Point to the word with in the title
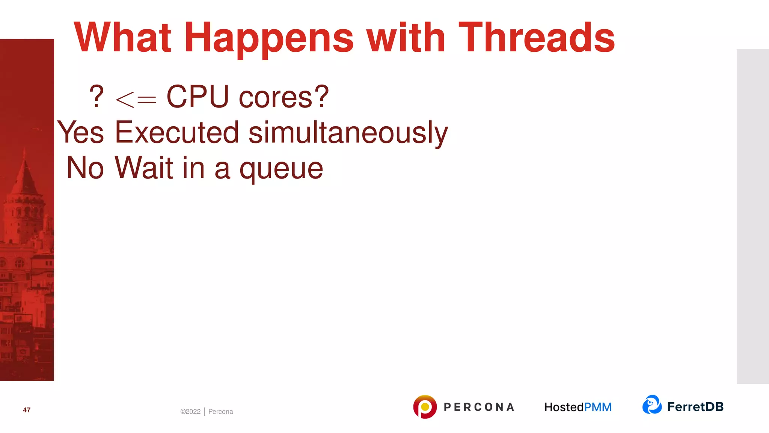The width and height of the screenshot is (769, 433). [406, 38]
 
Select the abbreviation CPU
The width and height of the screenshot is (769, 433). [198, 97]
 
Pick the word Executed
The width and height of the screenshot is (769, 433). [177, 132]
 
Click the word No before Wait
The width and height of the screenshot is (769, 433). [85, 168]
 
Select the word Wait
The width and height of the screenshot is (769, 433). [144, 168]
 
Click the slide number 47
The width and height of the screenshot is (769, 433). [27, 410]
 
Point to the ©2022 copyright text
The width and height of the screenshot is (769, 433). [190, 412]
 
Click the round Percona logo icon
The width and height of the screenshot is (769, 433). [425, 407]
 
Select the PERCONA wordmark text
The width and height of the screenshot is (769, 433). [479, 407]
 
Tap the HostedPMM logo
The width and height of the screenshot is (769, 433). [578, 407]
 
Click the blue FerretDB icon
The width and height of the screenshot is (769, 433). [652, 405]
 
